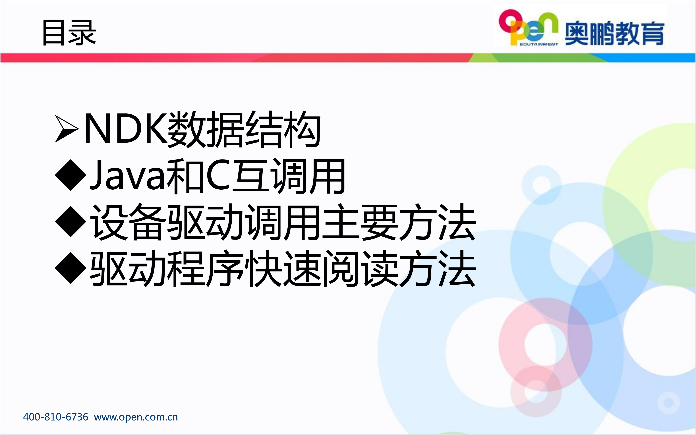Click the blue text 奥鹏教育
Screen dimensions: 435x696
click(614, 33)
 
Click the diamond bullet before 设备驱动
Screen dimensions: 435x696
click(71, 221)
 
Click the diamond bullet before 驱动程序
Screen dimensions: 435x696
click(71, 268)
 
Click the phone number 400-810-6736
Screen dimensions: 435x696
click(55, 417)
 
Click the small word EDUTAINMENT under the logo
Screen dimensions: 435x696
click(539, 44)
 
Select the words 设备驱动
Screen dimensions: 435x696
click(167, 222)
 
